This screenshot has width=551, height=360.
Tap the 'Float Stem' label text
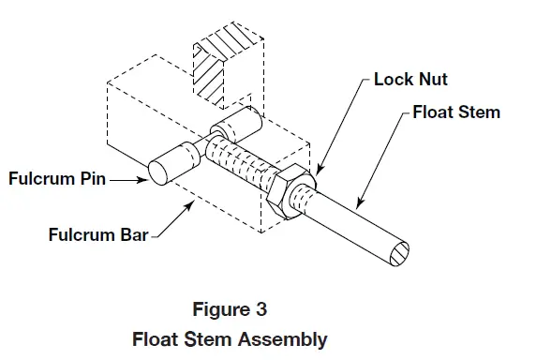click(456, 112)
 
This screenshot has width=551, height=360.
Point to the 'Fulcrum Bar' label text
click(97, 235)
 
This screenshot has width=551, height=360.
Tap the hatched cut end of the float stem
click(395, 251)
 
